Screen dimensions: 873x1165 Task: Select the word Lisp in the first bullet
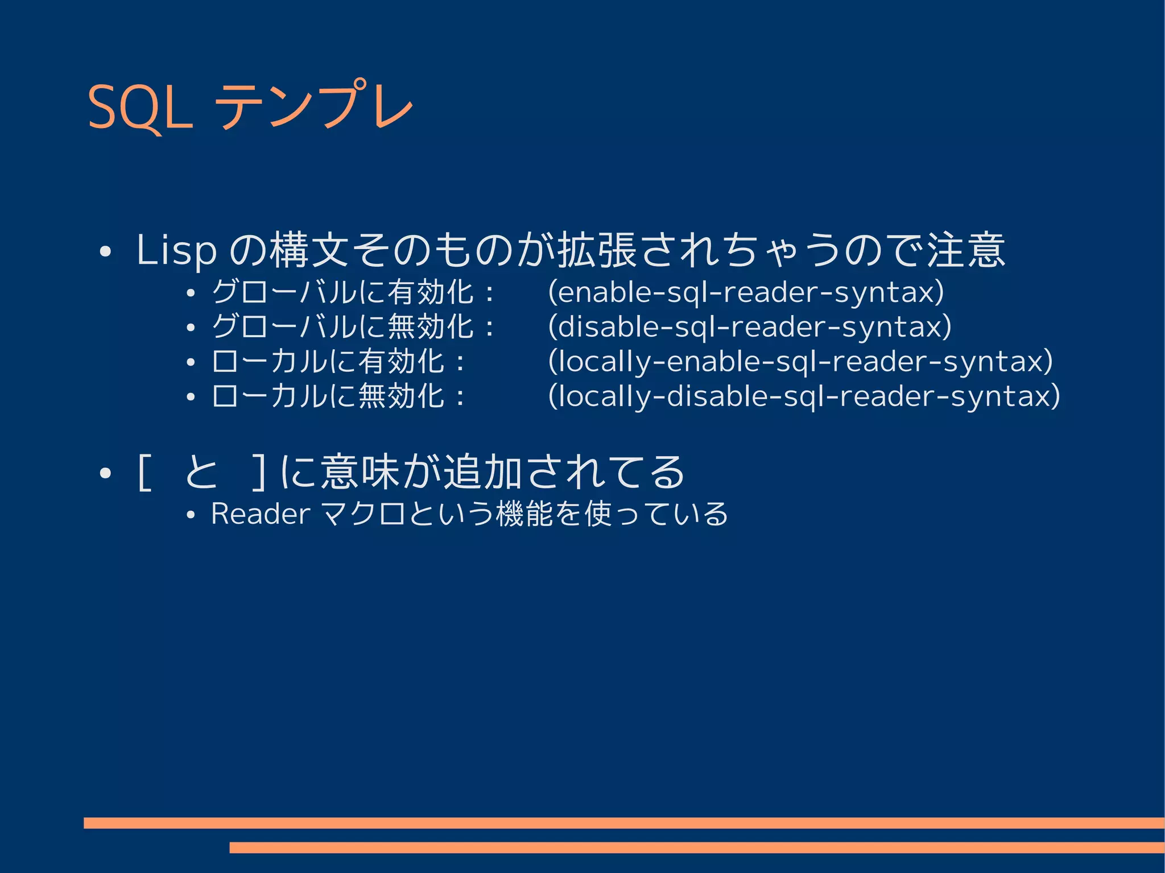(176, 250)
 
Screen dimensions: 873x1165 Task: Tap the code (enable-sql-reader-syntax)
(746, 292)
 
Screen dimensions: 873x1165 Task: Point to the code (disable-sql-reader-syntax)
(750, 327)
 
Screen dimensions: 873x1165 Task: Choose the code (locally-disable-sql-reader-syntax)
(804, 396)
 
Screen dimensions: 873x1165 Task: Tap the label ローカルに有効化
(328, 362)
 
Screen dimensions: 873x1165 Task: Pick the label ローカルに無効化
(328, 396)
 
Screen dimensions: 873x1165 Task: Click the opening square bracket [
(144, 473)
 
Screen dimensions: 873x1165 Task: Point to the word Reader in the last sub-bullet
(261, 514)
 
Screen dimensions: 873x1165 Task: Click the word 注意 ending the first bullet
(966, 250)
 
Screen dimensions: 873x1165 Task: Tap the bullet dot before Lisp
(104, 252)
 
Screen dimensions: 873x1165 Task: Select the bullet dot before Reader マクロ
(191, 516)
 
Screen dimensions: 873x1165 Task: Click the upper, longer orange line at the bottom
(623, 822)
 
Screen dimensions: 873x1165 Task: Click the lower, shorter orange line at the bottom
(696, 847)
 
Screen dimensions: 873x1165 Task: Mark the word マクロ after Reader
(363, 514)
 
